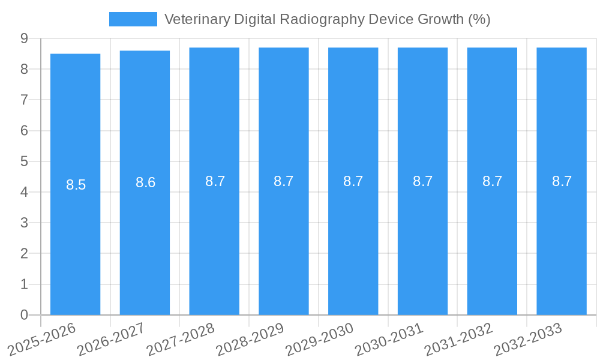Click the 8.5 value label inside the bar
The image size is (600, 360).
pos(76,185)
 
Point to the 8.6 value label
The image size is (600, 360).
pos(146,182)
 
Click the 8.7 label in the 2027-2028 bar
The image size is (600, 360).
pos(215,181)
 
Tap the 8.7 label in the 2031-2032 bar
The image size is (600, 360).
pos(493,181)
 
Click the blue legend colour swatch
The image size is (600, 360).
pos(133,19)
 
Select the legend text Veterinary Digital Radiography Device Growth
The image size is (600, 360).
pos(327,19)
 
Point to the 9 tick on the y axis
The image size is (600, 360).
pos(24,38)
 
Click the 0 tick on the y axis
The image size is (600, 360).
pos(24,315)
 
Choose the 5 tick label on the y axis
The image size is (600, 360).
pos(24,161)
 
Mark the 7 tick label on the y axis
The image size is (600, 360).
pos(24,100)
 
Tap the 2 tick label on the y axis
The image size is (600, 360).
pos(24,254)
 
